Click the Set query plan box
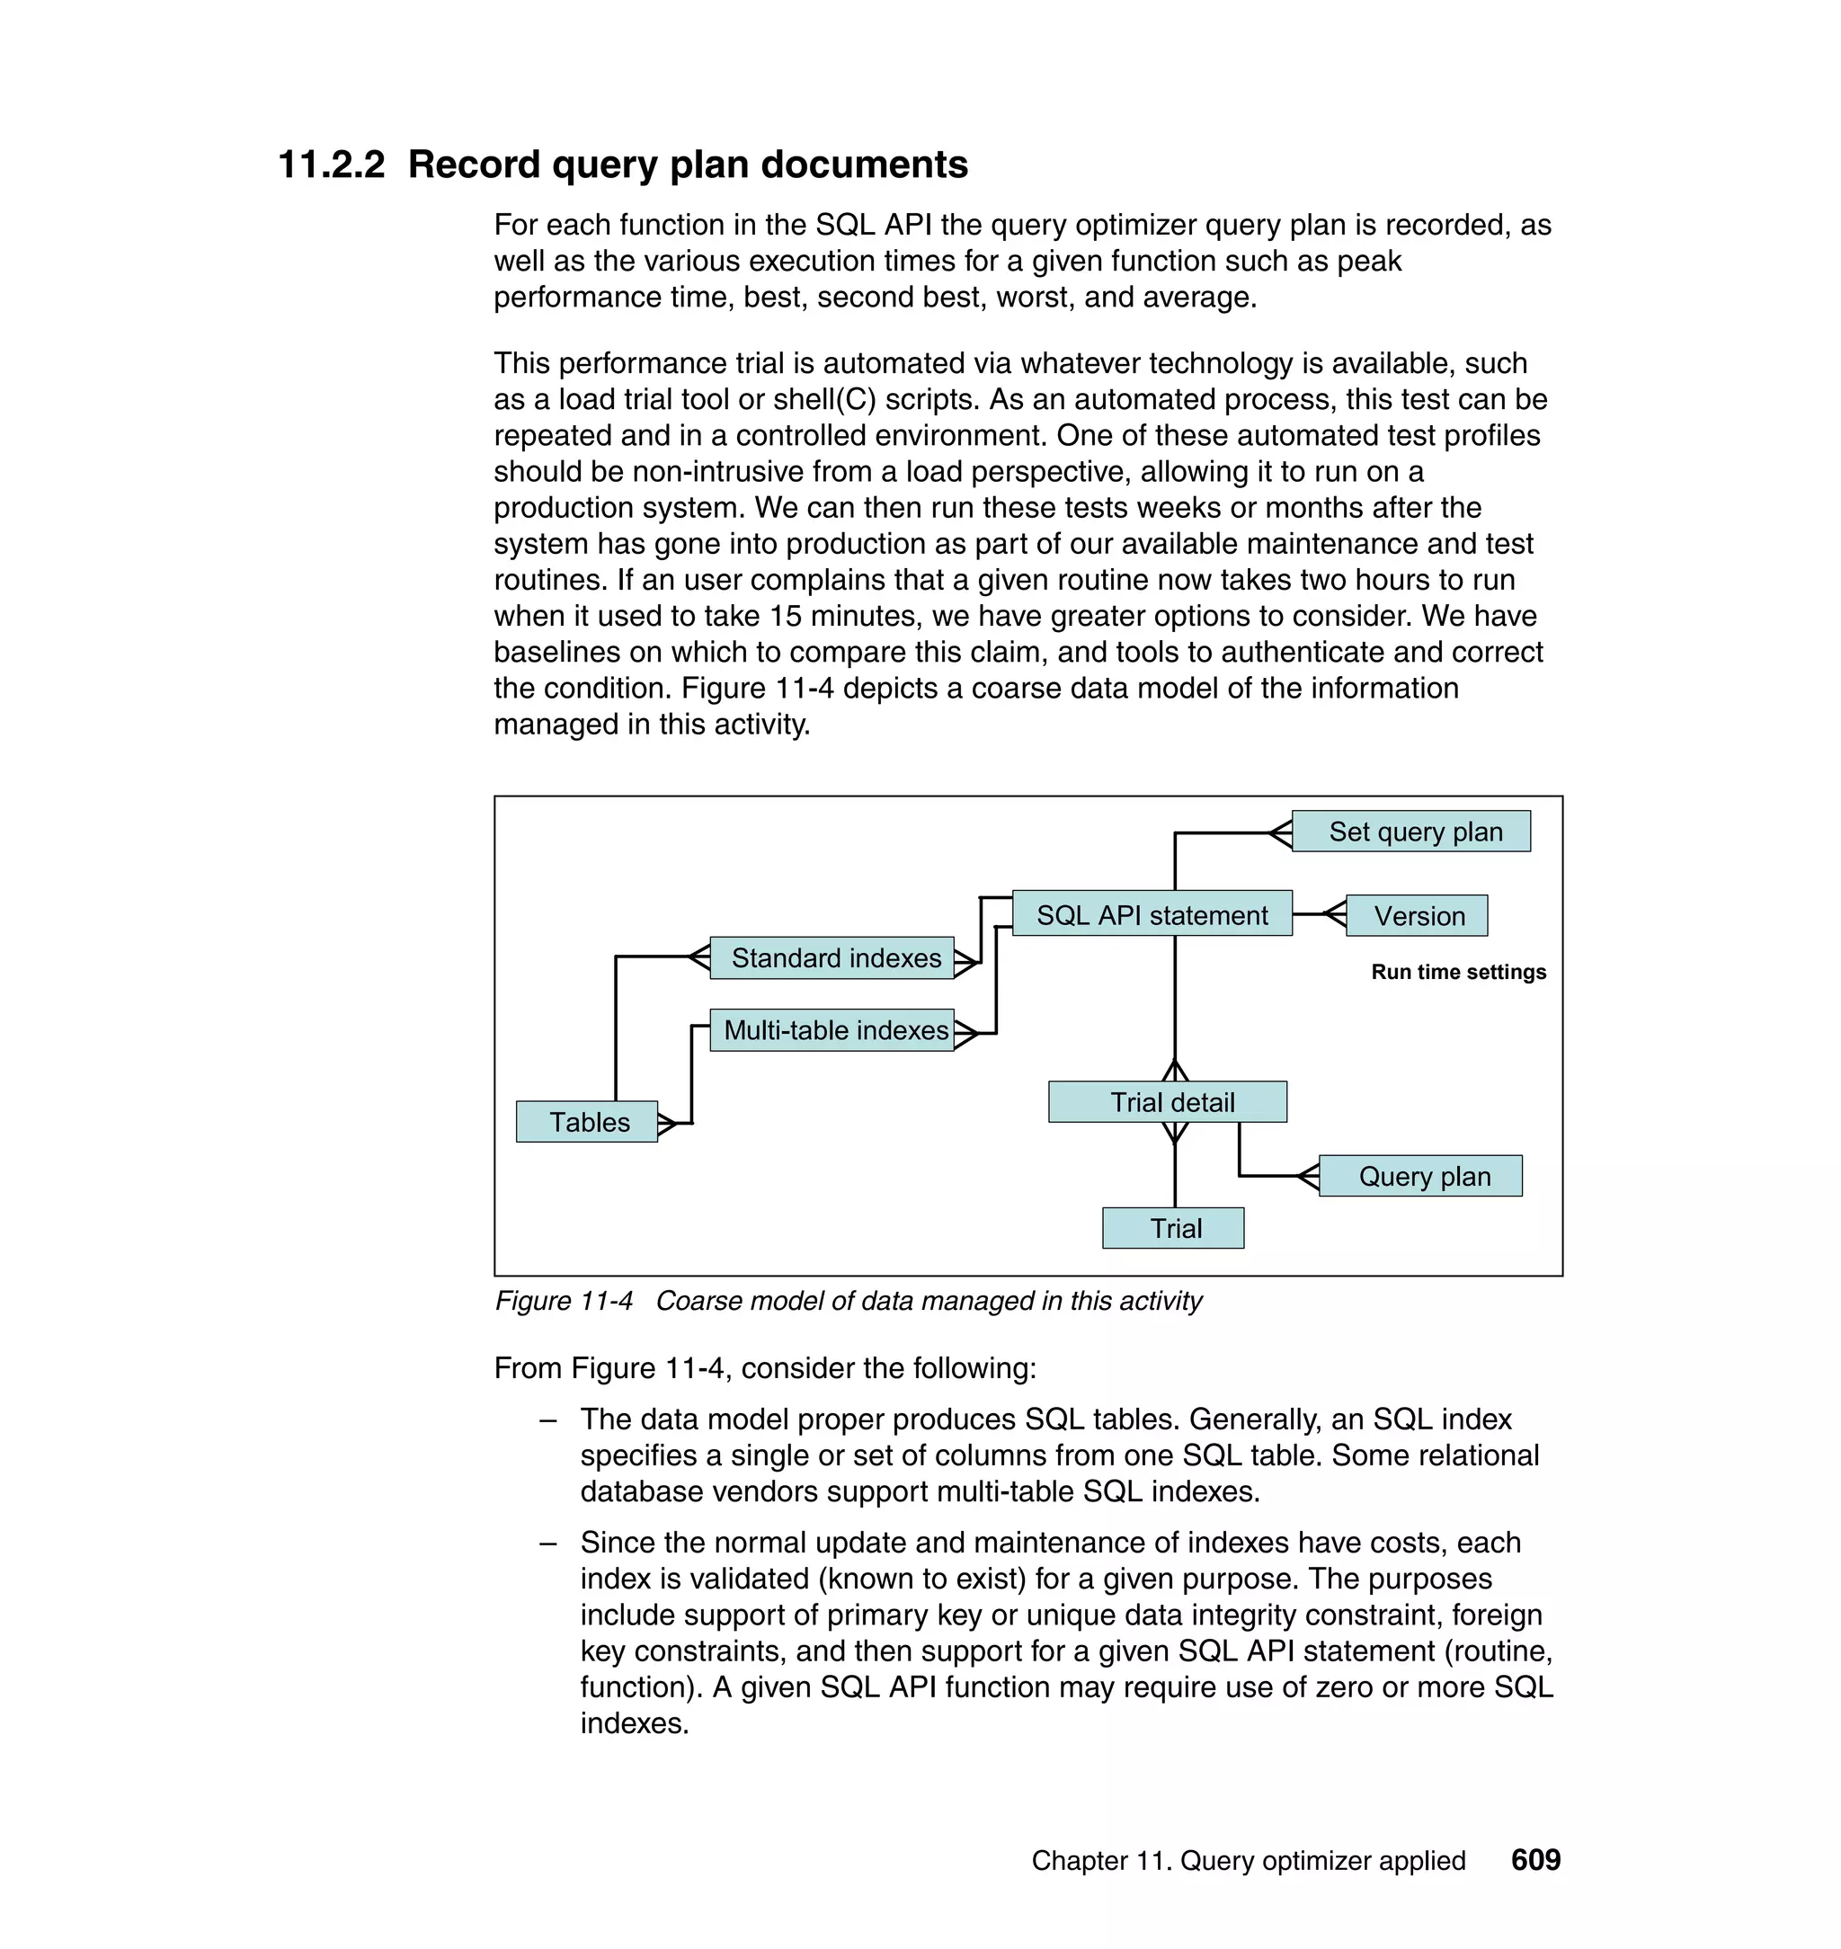click(x=1410, y=832)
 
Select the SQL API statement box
click(x=1152, y=913)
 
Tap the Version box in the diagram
click(x=1416, y=916)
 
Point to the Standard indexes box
click(x=832, y=957)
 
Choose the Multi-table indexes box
click(x=832, y=1029)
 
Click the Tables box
click(x=586, y=1121)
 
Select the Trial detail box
click(x=1166, y=1101)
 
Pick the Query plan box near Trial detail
click(x=1419, y=1175)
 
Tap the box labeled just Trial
click(x=1173, y=1227)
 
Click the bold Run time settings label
click(x=1457, y=972)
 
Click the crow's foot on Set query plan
click(x=1280, y=833)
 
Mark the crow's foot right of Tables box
click(x=667, y=1123)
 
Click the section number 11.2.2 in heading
click(x=332, y=165)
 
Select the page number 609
click(x=1534, y=1859)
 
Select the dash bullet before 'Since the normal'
click(x=547, y=1542)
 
